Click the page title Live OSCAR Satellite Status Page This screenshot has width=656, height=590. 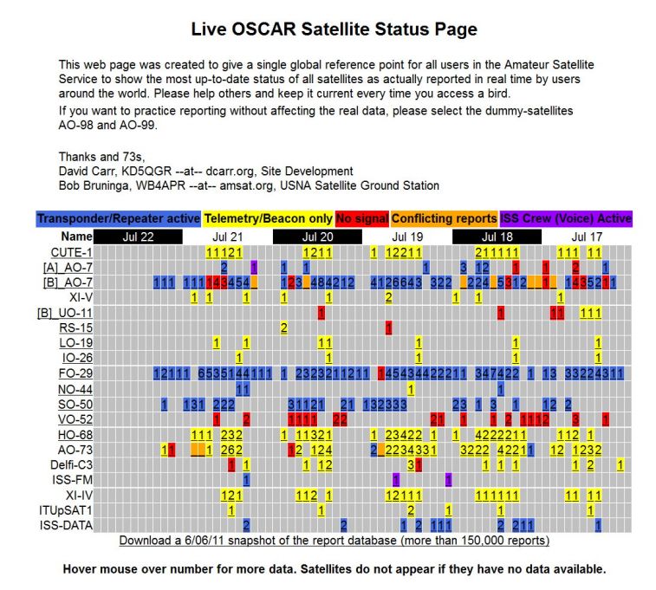click(334, 29)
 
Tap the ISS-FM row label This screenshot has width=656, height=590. click(74, 479)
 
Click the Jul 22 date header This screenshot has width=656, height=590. click(138, 236)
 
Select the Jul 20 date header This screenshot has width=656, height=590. click(317, 236)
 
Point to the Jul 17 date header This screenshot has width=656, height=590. click(588, 236)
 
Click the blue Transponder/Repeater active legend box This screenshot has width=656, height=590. click(118, 219)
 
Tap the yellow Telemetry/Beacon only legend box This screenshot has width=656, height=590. click(269, 219)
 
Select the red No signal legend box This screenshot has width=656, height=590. click(361, 219)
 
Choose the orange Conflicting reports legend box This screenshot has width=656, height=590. click(445, 219)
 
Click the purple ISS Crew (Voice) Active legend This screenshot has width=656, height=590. click(566, 219)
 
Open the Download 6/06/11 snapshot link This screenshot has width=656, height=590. click(334, 541)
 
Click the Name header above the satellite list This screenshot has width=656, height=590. click(77, 236)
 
